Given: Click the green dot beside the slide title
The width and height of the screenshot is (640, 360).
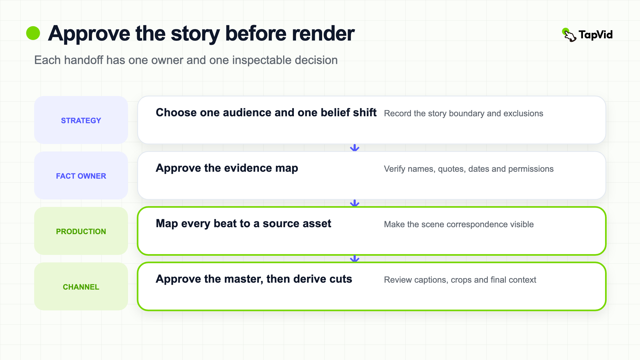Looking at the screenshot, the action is (33, 33).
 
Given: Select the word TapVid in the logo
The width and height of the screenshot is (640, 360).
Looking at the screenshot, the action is (596, 35).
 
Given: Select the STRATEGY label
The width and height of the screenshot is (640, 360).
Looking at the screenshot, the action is (81, 121).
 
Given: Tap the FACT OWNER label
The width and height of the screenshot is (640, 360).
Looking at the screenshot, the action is (81, 176).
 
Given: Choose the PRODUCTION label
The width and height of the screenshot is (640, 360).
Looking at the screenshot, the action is (81, 231).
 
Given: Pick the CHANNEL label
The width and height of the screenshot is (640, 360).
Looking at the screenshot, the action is (81, 287).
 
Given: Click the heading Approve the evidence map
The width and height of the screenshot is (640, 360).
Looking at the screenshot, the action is (227, 168).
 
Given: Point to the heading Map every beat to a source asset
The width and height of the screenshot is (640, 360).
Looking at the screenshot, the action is (243, 224).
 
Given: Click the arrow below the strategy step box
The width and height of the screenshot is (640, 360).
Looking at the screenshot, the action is (355, 148).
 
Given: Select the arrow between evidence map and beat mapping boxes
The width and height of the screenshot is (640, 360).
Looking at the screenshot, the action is (355, 203).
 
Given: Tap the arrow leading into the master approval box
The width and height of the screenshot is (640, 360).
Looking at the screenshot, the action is (355, 258).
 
